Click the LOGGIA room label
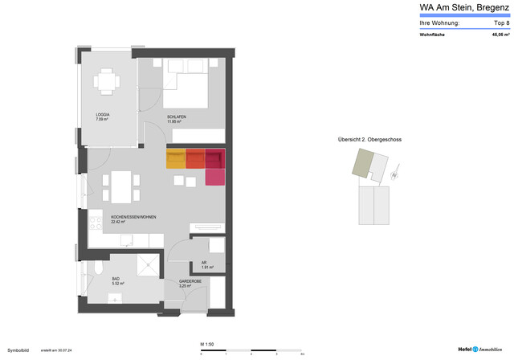click(x=102, y=115)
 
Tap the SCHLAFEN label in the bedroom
click(x=177, y=117)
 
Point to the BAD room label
click(x=116, y=280)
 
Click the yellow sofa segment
click(x=176, y=158)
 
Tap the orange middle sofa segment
click(x=195, y=158)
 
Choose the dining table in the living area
click(x=119, y=187)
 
